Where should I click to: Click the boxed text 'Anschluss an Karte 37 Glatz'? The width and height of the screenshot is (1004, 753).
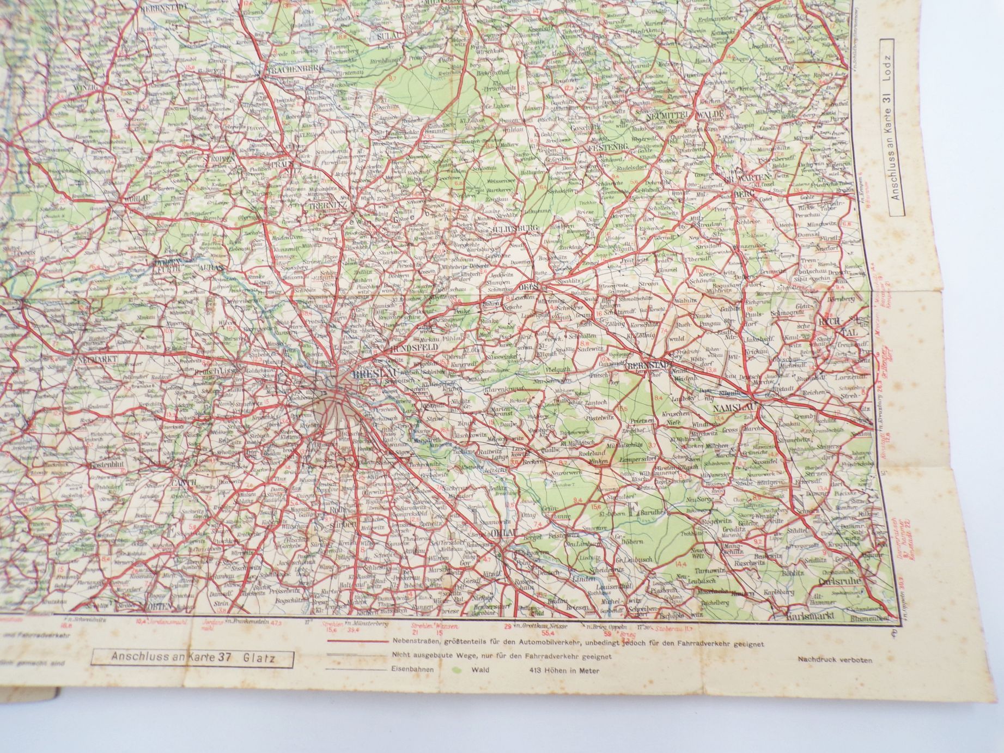point(193,659)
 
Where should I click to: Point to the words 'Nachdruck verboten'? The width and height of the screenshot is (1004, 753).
point(835,659)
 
